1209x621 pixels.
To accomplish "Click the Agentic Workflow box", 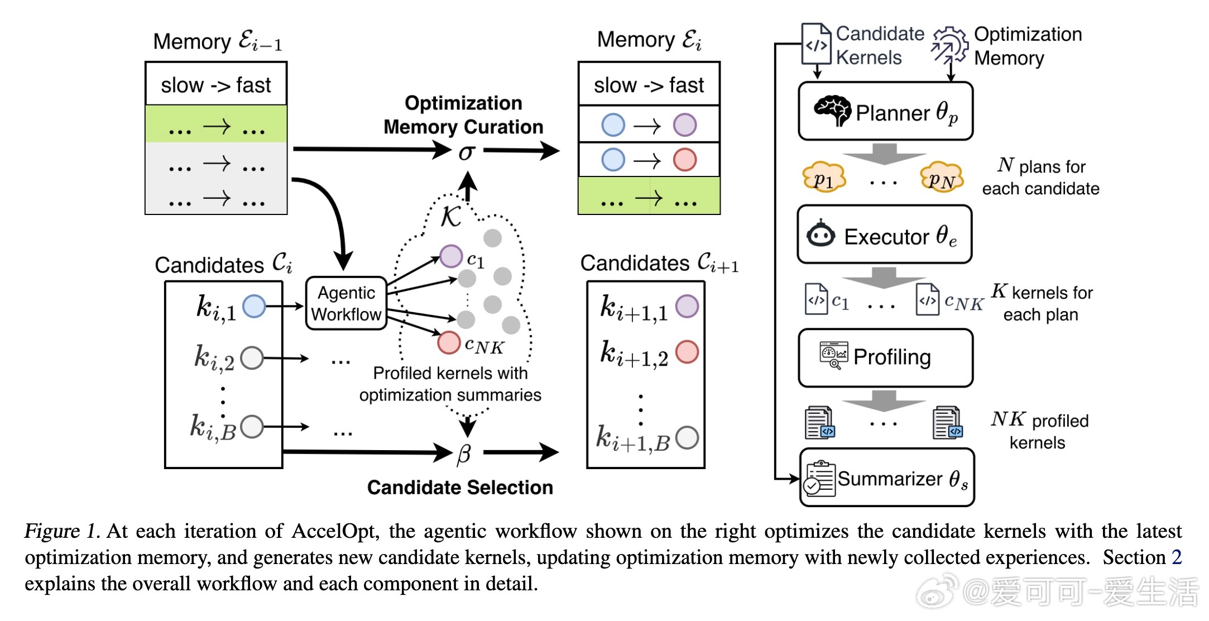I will [x=346, y=303].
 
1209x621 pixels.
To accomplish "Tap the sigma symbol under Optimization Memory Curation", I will [x=467, y=151].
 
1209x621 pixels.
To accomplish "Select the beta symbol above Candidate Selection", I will [x=464, y=453].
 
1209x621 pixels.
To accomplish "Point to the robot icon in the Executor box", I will [x=821, y=234].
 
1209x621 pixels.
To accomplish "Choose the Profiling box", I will [x=885, y=357].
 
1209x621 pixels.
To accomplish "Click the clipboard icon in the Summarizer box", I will [x=819, y=479].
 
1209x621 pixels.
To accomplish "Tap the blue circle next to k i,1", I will [x=255, y=306].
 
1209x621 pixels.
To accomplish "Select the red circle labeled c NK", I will [x=449, y=342].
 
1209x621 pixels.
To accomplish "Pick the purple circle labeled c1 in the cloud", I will [x=451, y=256].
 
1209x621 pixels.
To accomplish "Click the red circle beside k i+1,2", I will [x=687, y=352].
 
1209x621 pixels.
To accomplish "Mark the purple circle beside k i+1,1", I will [x=687, y=306].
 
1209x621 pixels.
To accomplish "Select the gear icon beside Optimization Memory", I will [x=949, y=45].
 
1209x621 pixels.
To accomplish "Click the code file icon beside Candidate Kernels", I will [x=815, y=45].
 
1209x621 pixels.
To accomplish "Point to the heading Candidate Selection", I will [x=460, y=488].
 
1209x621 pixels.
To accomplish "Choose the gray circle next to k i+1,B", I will [x=687, y=438].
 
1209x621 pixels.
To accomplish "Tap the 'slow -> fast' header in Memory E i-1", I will [x=216, y=85].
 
